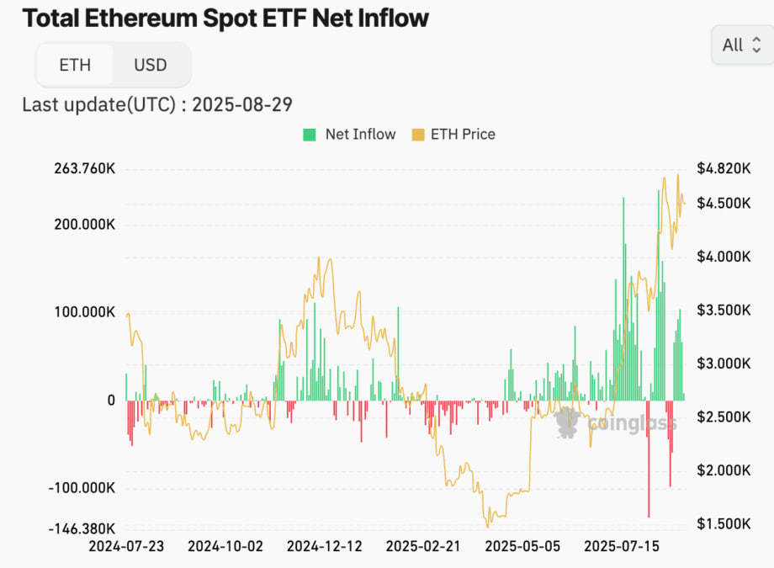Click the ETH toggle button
pos(74,65)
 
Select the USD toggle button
pos(151,65)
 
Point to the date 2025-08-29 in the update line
pos(242,104)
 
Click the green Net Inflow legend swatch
pos(310,135)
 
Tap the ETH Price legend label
pos(463,135)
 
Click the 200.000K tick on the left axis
pos(83,225)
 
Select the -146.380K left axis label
pos(81,528)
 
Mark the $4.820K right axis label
pos(723,169)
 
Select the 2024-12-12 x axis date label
pos(324,546)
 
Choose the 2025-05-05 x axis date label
pos(522,546)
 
